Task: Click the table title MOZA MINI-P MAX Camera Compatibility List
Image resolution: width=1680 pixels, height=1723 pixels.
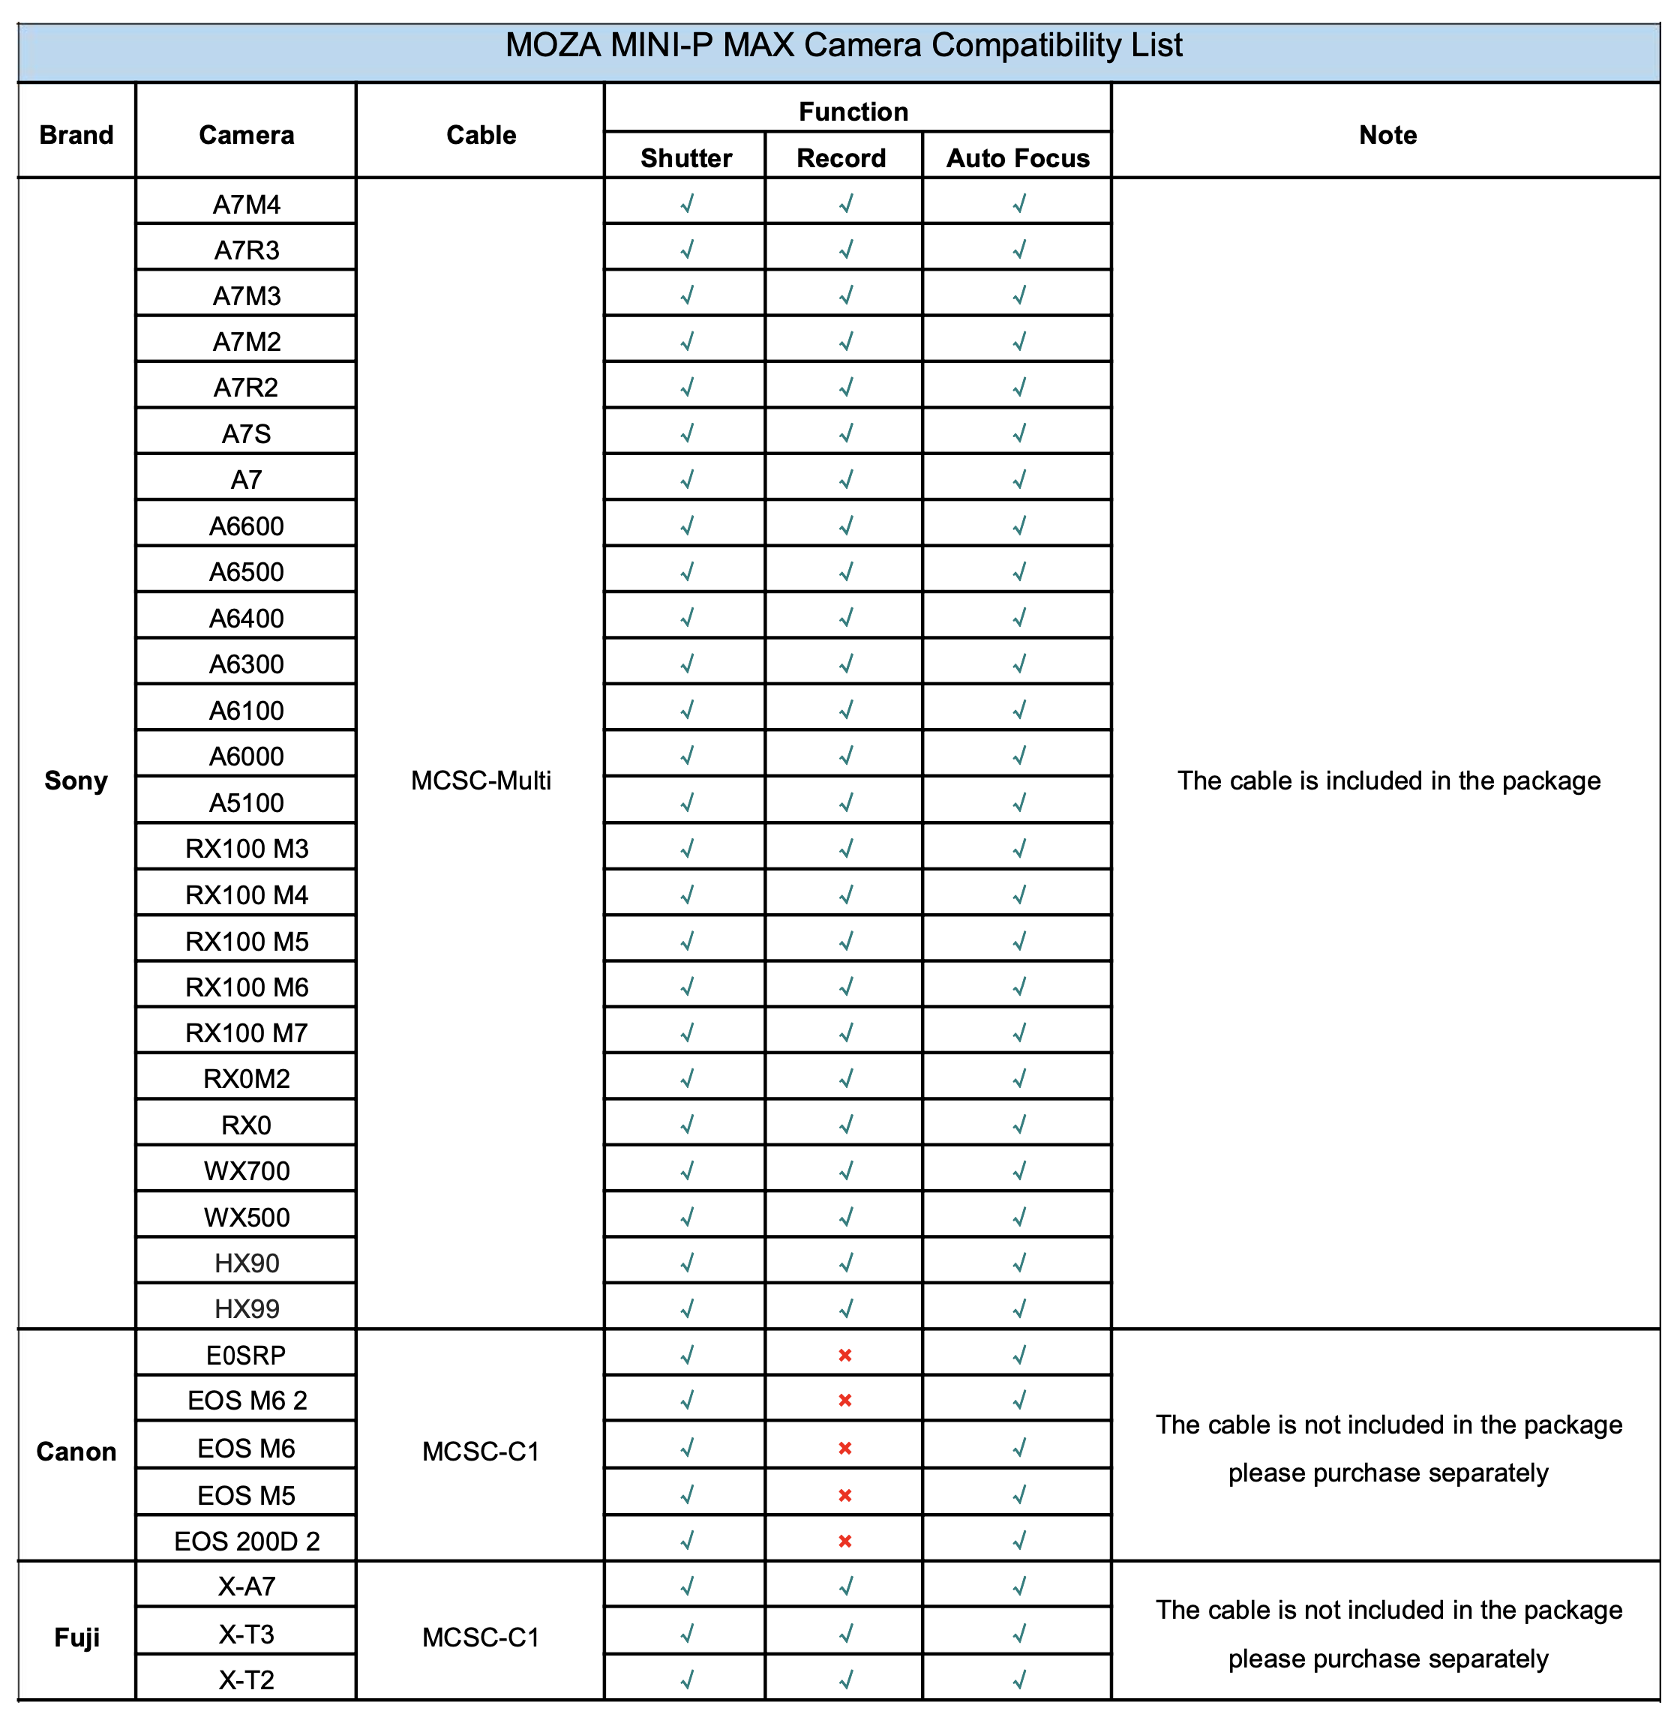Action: [x=843, y=46]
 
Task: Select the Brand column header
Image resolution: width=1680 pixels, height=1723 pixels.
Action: [x=76, y=135]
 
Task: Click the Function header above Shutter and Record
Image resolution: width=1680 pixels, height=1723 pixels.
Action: [x=853, y=112]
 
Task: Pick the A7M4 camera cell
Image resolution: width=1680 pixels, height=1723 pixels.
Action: [x=246, y=205]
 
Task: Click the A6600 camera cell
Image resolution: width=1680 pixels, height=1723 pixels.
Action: [x=246, y=526]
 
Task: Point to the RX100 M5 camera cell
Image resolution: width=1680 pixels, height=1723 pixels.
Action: [x=246, y=941]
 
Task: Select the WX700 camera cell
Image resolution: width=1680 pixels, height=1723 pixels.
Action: [x=246, y=1170]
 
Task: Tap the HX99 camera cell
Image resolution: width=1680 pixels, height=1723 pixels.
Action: [x=246, y=1308]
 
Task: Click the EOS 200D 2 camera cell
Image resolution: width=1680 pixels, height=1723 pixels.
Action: [x=246, y=1542]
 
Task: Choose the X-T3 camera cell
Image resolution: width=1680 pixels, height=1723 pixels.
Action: [x=246, y=1634]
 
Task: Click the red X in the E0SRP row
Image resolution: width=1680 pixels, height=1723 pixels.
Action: [x=844, y=1355]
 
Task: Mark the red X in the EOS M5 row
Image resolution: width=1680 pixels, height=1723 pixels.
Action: [x=844, y=1495]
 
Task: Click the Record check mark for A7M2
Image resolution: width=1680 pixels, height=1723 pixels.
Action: [x=845, y=341]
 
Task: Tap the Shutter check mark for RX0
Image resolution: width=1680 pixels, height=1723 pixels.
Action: [x=686, y=1125]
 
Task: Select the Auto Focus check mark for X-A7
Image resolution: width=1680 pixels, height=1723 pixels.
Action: [x=1019, y=1587]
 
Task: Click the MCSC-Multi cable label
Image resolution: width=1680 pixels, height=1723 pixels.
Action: [x=481, y=781]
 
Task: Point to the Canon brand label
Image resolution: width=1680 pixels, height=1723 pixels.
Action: [x=76, y=1452]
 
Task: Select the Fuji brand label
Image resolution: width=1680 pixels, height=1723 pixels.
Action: [x=76, y=1638]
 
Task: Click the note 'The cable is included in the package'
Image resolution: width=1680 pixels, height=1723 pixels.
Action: [x=1388, y=781]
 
